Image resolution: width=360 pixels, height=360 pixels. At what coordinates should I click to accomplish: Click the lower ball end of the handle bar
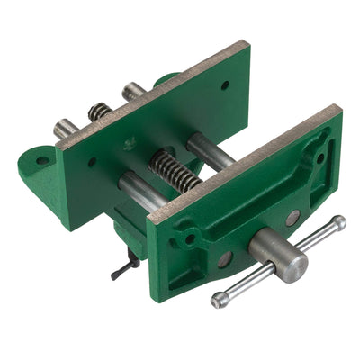[x=219, y=300]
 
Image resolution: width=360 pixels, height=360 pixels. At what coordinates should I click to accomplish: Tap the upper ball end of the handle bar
[x=337, y=222]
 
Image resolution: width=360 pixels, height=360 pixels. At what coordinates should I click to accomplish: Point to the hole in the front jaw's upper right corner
[x=321, y=157]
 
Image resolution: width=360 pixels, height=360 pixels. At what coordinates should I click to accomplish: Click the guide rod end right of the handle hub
[x=293, y=218]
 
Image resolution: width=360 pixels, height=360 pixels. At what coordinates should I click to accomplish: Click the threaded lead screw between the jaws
[x=175, y=170]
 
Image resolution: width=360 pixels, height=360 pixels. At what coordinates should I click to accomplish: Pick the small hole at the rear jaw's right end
[x=224, y=85]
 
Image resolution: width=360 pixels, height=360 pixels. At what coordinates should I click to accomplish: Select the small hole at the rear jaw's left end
[x=92, y=163]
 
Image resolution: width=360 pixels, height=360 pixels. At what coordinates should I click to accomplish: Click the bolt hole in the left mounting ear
[x=42, y=161]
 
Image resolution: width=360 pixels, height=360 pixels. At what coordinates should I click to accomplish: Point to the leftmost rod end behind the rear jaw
[x=64, y=129]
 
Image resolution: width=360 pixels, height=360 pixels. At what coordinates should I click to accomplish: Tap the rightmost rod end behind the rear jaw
[x=133, y=90]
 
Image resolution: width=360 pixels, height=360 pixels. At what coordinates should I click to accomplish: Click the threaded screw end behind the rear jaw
[x=99, y=111]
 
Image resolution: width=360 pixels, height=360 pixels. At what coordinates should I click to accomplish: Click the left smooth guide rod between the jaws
[x=140, y=190]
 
